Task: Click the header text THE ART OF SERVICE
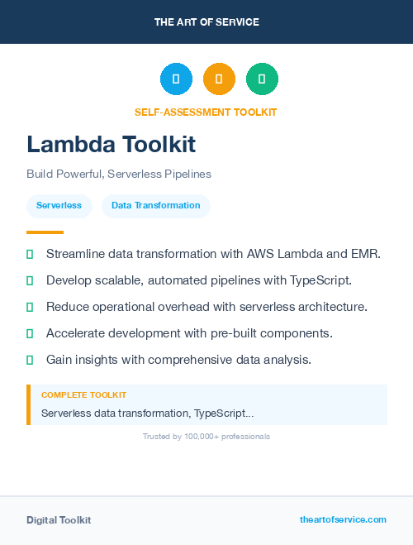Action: coord(206,22)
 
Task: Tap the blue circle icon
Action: coord(176,79)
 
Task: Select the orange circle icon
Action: coord(219,79)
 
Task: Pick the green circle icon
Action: coord(262,79)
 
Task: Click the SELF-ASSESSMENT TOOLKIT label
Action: coord(206,112)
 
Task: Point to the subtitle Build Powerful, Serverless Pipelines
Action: coord(119,174)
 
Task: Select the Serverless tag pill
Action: coord(59,205)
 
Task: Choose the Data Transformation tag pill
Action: coord(155,205)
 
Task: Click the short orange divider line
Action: coord(45,232)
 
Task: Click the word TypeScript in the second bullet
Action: coord(319,280)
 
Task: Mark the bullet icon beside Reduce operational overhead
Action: coord(30,307)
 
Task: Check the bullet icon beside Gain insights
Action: coord(30,360)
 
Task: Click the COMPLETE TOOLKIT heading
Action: coord(83,395)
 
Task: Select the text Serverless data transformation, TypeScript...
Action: coord(147,413)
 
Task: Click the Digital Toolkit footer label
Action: coord(59,520)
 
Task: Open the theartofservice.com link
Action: coord(343,519)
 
